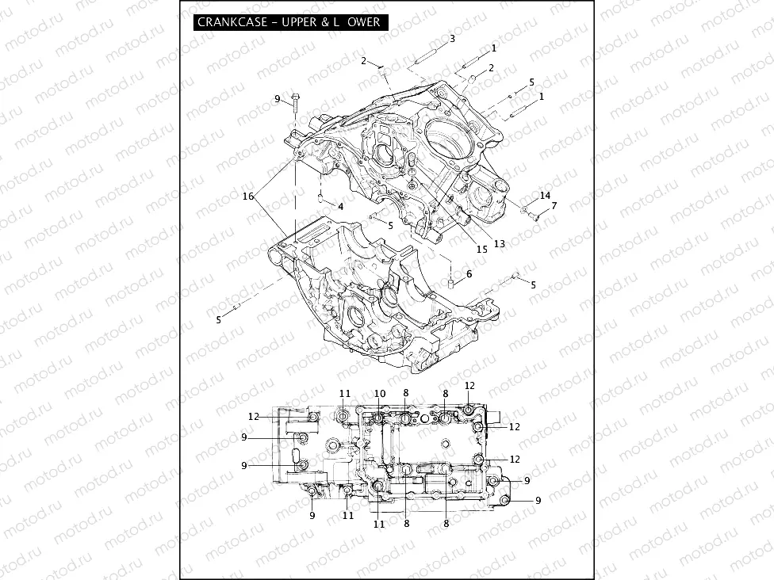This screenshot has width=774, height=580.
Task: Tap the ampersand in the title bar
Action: (x=325, y=22)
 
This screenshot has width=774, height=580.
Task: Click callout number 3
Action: (x=452, y=38)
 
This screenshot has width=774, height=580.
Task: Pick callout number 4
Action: (x=340, y=206)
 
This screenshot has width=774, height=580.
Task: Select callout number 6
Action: (x=469, y=273)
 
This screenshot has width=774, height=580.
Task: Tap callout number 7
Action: (x=554, y=206)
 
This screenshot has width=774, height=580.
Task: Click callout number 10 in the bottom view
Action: (x=380, y=394)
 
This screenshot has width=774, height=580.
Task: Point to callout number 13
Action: (x=499, y=244)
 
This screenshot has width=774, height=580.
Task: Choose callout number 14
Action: (x=545, y=195)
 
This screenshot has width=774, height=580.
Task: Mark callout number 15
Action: (x=481, y=250)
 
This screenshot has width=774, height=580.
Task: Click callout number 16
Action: (x=248, y=195)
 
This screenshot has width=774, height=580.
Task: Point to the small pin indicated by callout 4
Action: (x=320, y=197)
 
